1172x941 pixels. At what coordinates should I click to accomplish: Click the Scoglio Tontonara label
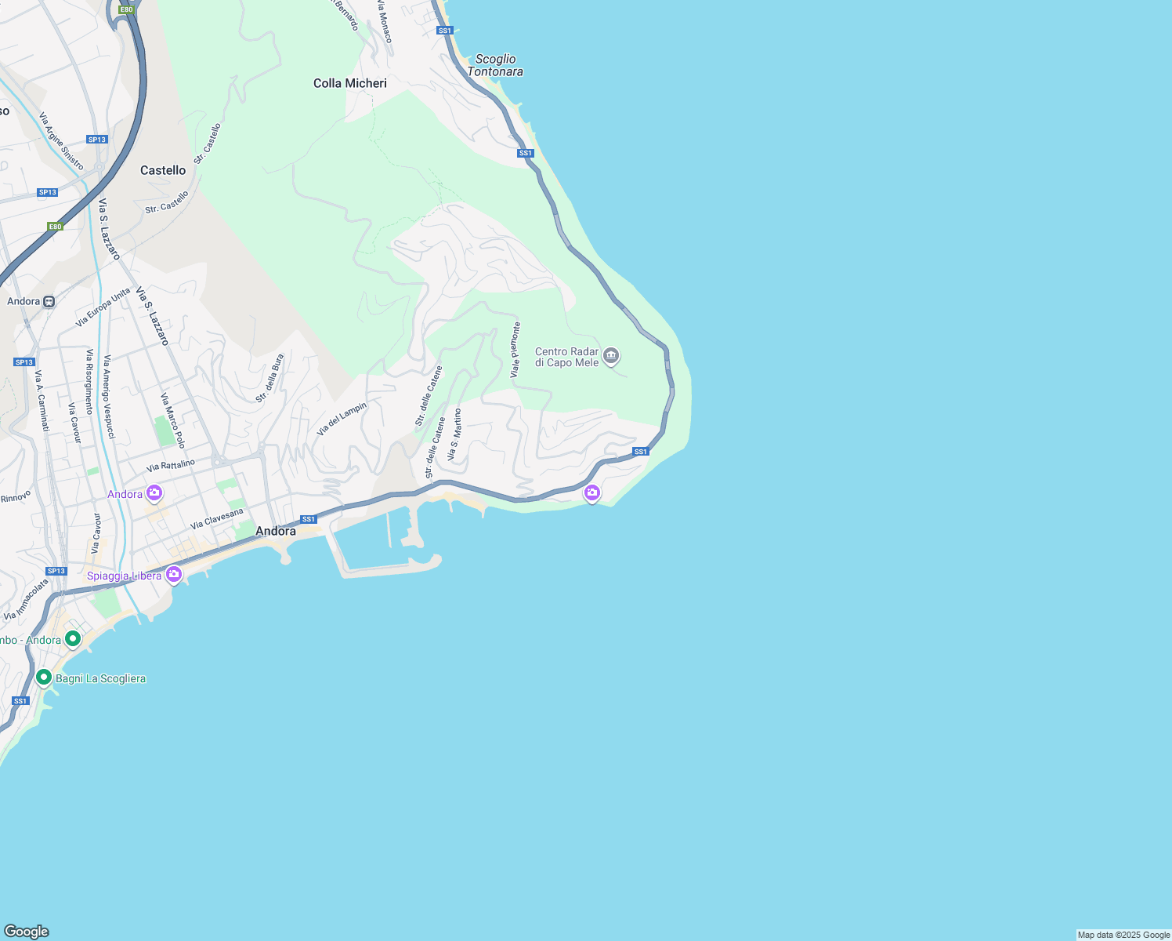[495, 65]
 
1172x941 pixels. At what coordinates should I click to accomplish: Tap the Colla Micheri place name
[350, 83]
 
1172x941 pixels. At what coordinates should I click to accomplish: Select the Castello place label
[163, 170]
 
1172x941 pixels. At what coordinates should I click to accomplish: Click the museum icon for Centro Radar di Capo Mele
[612, 357]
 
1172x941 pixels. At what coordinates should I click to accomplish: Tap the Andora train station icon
[49, 301]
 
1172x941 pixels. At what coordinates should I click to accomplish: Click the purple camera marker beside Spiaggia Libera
[174, 575]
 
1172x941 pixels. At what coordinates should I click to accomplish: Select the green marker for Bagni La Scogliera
[44, 678]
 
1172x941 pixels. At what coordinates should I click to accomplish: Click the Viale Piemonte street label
[515, 351]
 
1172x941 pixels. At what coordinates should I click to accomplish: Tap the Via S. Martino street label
[454, 434]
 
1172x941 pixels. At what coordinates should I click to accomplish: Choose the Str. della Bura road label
[269, 379]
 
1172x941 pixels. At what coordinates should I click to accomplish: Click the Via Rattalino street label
[170, 466]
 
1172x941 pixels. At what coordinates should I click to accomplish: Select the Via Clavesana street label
[217, 518]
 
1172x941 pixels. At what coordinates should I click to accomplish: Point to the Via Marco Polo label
[173, 421]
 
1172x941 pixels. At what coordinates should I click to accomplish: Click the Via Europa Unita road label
[103, 308]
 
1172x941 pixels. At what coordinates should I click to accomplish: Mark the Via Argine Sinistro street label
[61, 141]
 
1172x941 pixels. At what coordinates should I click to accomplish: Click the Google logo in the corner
[27, 932]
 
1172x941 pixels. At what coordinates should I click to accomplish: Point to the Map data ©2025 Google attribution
[1123, 935]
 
